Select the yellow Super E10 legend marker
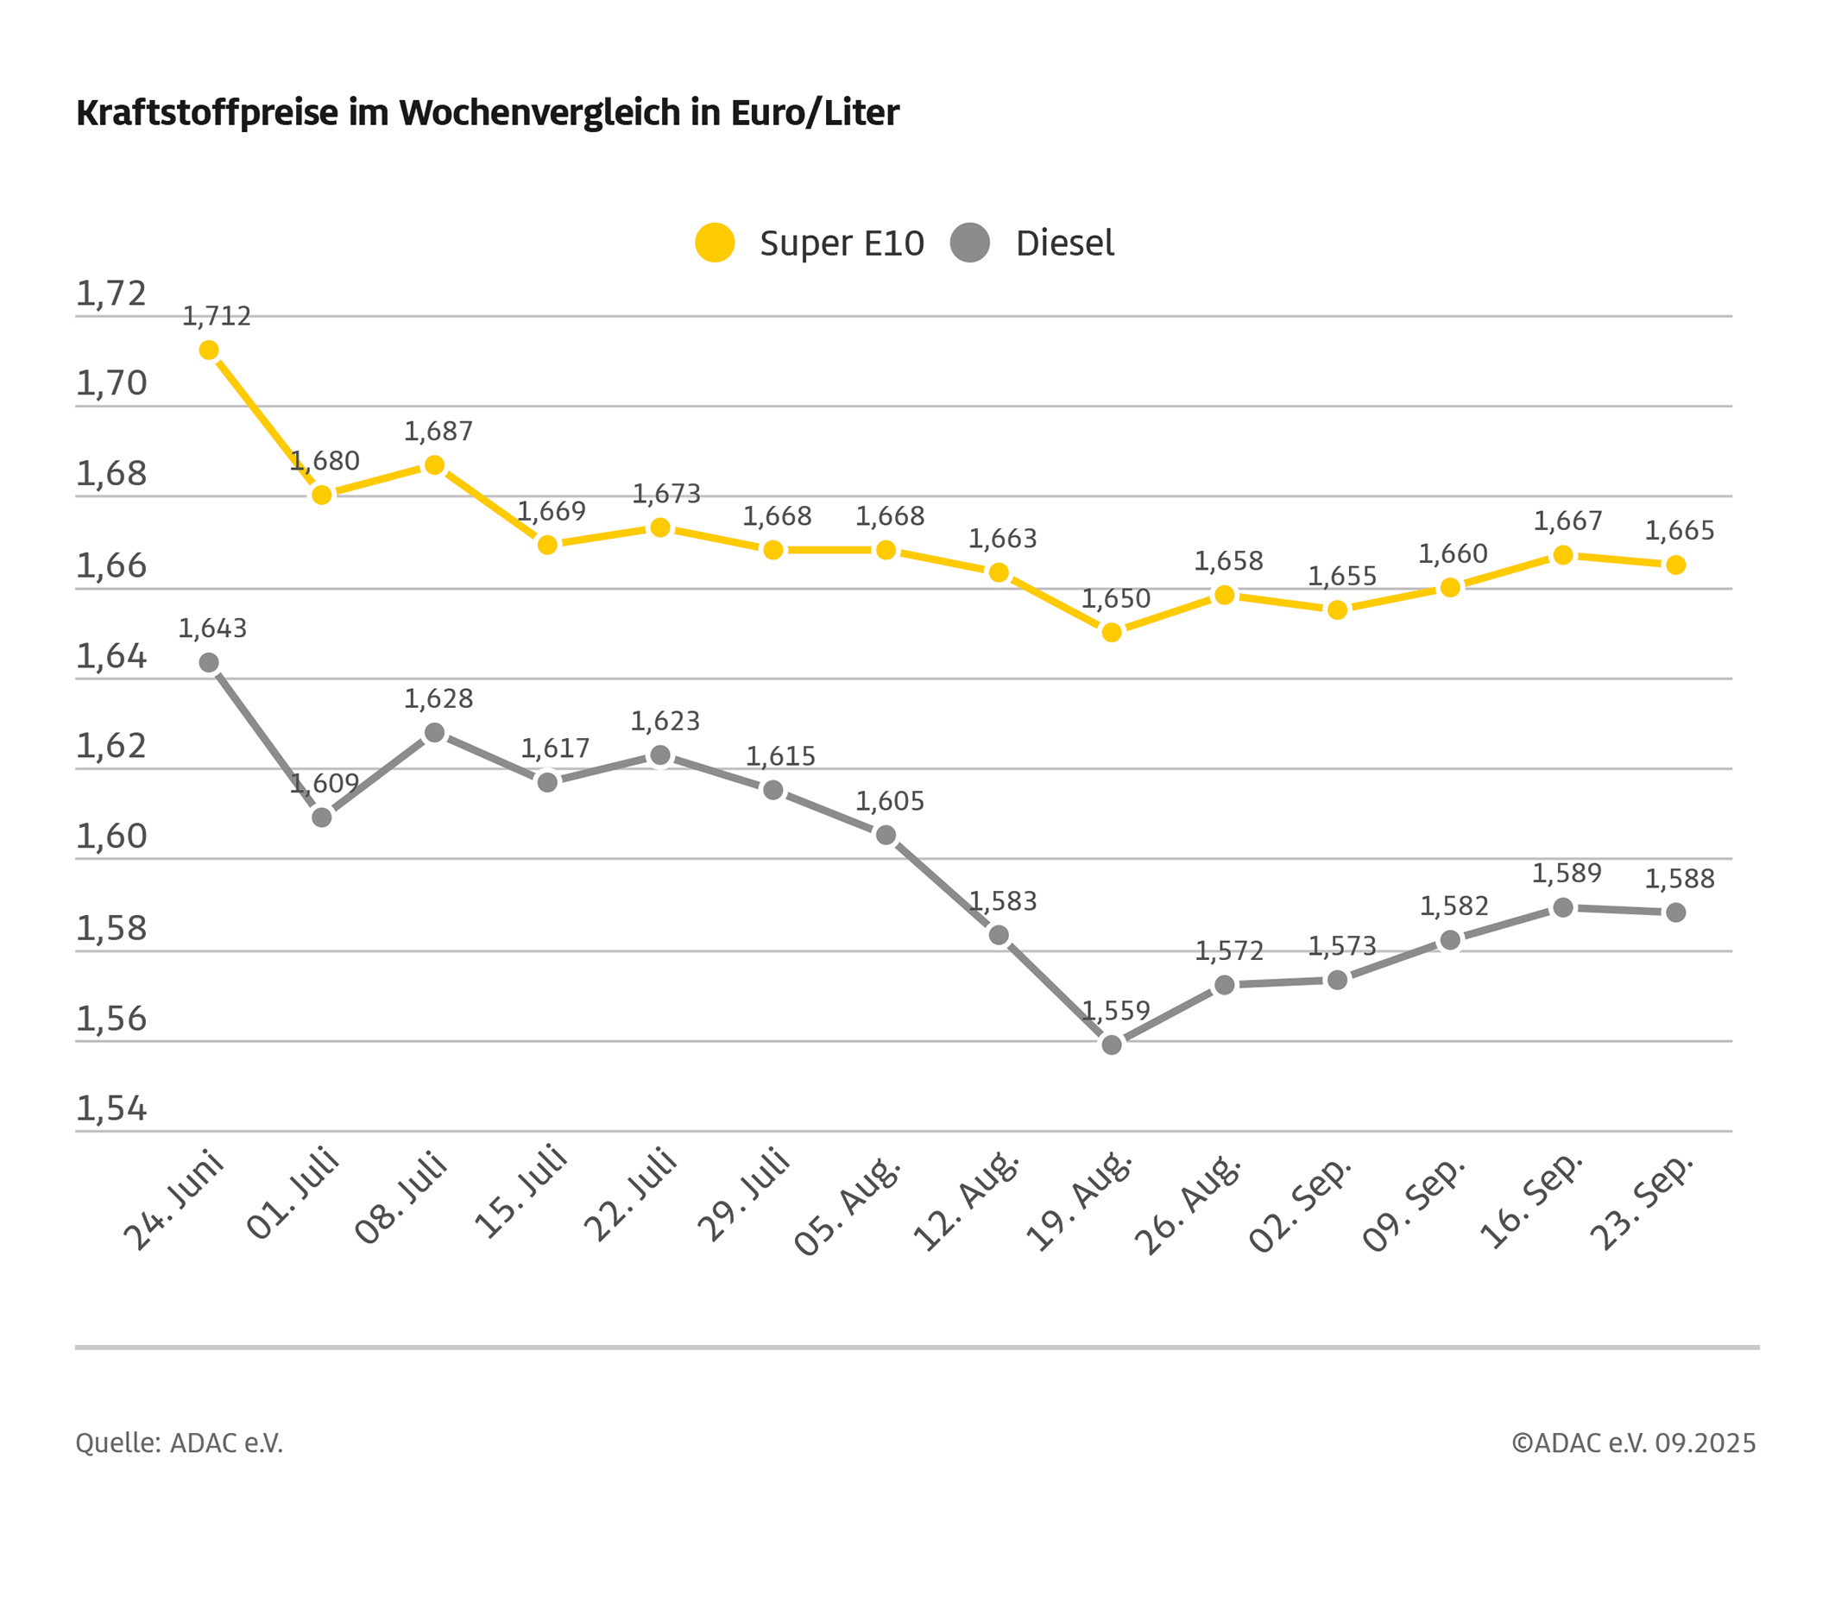click(715, 243)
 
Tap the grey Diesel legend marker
click(969, 243)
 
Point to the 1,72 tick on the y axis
click(110, 294)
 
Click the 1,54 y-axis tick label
click(110, 1109)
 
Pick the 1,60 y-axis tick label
click(110, 836)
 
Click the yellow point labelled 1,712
click(209, 350)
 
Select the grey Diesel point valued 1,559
click(1112, 1045)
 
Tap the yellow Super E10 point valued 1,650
click(1112, 632)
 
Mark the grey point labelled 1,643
click(209, 663)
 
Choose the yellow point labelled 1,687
click(434, 465)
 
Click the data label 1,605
click(889, 801)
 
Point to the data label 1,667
click(1567, 521)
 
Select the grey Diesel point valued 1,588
click(1675, 912)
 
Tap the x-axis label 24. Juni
click(173, 1201)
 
